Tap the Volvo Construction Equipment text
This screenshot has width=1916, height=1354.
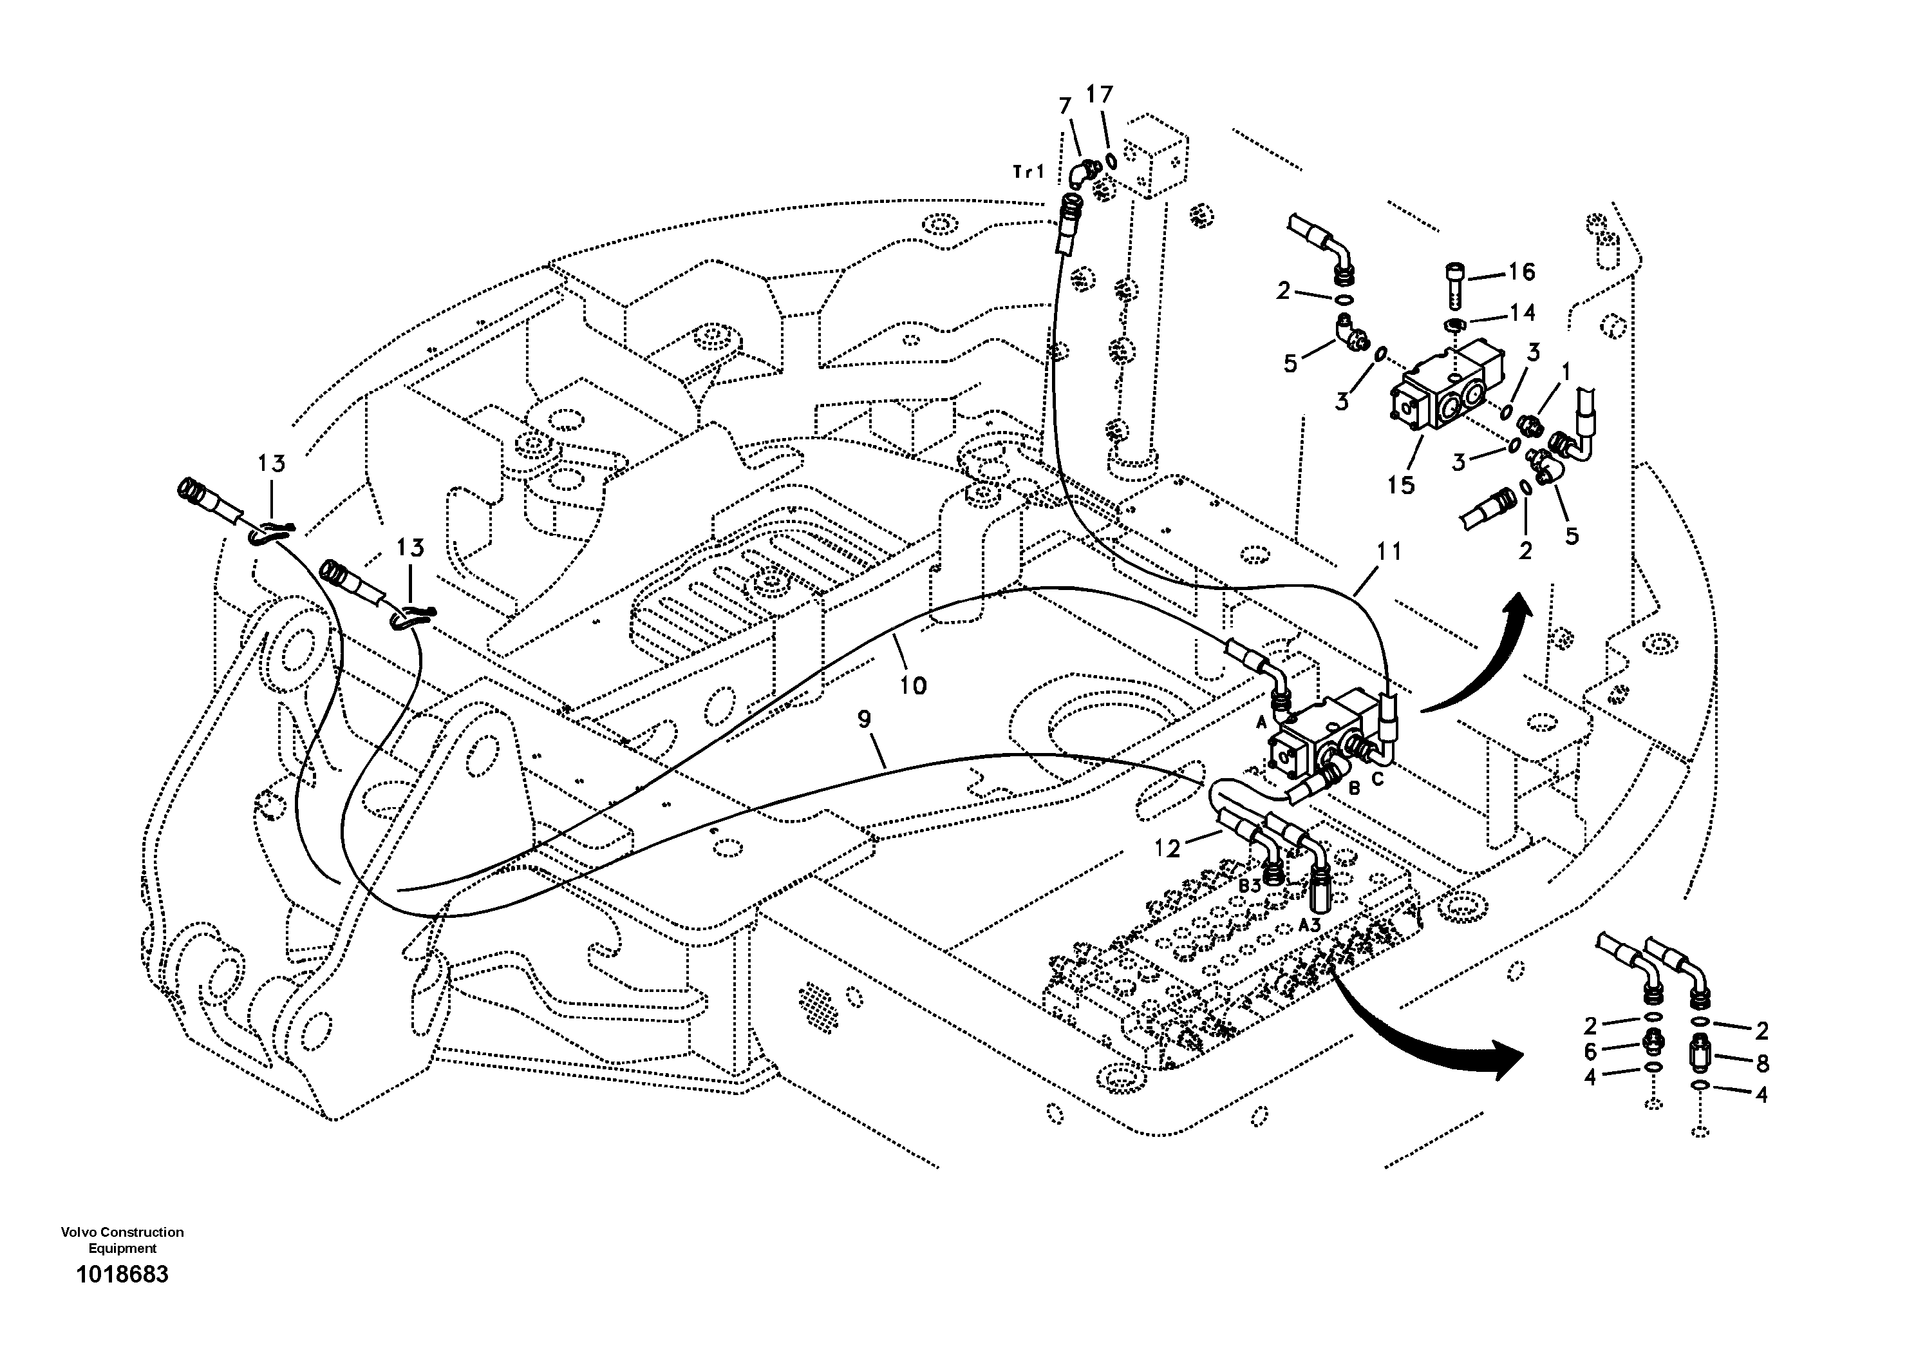coord(122,1239)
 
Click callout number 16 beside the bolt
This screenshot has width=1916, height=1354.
coord(1521,271)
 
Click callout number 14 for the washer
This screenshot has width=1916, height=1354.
coord(1522,312)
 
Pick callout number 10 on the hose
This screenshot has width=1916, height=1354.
coord(914,685)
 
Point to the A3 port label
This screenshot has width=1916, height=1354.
coord(1310,925)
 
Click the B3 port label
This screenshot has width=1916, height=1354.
coord(1248,886)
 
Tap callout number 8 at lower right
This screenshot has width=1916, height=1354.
coord(1761,1063)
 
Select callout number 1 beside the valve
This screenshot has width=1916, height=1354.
coord(1566,370)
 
